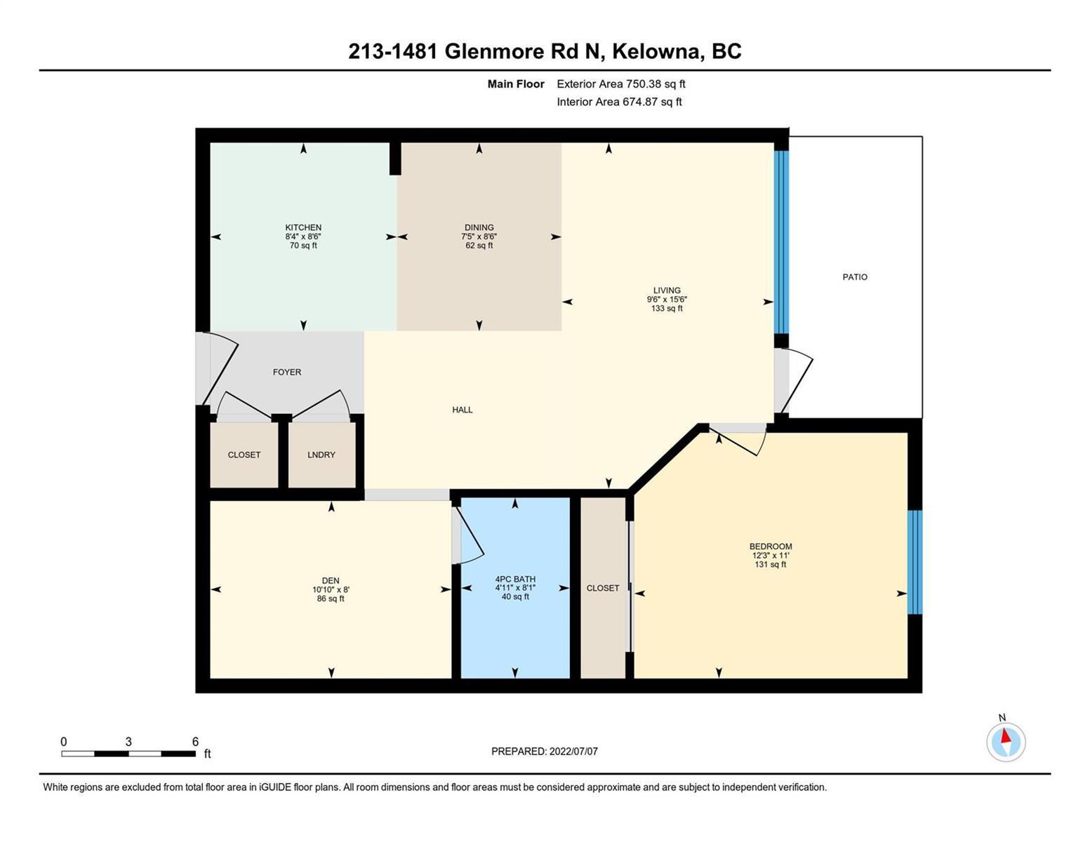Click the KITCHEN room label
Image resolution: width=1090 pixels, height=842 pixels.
303,227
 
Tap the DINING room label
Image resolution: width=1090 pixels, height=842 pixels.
479,227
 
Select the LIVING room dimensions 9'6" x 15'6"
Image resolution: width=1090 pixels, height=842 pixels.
667,300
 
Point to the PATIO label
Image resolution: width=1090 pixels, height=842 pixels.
855,277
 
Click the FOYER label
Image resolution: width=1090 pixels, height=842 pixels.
287,372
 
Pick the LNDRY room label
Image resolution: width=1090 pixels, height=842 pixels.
321,455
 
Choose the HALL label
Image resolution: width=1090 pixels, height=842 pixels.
462,410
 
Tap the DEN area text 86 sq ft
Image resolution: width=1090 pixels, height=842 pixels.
331,599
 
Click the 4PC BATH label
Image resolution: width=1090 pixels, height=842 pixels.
515,579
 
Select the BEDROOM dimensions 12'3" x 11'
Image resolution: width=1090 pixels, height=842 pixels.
771,556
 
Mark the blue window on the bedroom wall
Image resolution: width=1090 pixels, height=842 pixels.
915,562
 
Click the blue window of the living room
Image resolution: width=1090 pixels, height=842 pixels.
781,242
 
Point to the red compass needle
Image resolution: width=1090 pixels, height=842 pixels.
1006,736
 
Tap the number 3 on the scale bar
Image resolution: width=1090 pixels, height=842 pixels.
128,742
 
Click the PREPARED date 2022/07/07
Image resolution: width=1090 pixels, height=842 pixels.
573,751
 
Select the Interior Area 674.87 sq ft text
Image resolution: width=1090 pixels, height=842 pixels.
619,102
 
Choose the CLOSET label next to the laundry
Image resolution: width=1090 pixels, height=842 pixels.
244,455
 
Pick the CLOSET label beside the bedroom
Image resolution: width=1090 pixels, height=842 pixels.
602,588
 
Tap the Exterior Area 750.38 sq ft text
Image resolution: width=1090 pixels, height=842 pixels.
621,83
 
